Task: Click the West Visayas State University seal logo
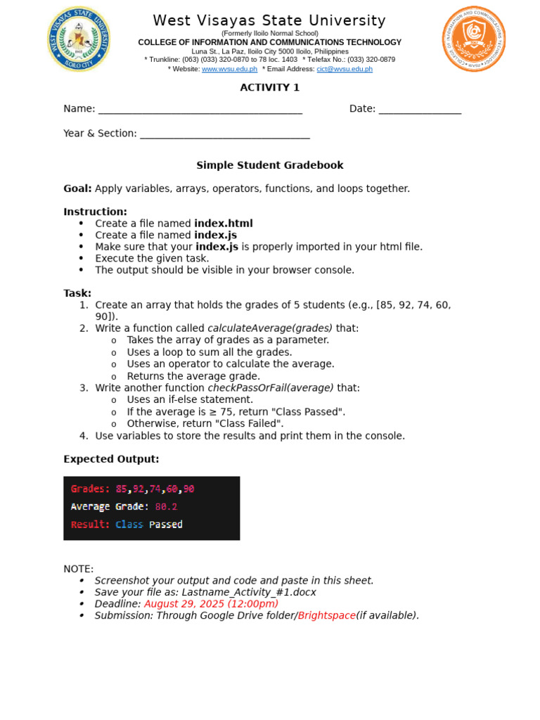[78, 39]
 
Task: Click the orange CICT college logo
[473, 39]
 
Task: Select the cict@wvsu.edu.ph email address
[345, 69]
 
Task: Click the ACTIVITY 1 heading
[269, 87]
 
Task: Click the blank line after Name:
[200, 110]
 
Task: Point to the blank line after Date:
[420, 110]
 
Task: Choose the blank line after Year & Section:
[225, 134]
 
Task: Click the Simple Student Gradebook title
[269, 165]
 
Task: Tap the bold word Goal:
[77, 188]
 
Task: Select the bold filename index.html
[223, 224]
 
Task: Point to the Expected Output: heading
[111, 459]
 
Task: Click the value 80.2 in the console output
[166, 506]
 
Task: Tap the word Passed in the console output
[166, 525]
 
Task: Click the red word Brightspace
[326, 616]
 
